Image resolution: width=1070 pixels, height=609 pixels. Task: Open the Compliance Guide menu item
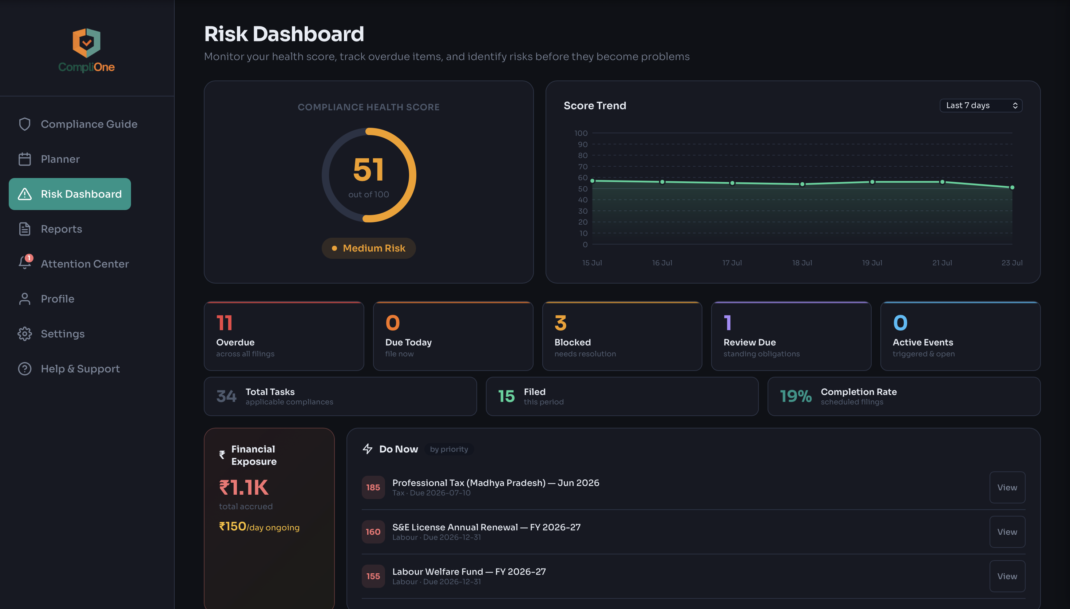tap(89, 124)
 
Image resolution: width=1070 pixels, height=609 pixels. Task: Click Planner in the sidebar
tap(60, 159)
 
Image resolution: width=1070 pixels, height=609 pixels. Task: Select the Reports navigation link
tap(61, 229)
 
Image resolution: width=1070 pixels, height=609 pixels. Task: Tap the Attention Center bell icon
tap(25, 263)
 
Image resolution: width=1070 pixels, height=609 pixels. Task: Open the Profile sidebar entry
tap(57, 298)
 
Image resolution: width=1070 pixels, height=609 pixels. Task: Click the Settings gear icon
tap(25, 334)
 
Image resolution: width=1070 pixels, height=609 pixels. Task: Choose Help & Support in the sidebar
tap(80, 368)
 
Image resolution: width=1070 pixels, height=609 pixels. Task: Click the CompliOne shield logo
tap(87, 43)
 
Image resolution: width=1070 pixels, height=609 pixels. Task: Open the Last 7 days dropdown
tap(981, 106)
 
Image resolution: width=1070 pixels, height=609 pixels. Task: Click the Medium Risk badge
tap(368, 248)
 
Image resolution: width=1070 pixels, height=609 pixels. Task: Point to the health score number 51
tap(368, 169)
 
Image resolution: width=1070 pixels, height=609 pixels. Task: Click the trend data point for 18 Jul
tap(802, 184)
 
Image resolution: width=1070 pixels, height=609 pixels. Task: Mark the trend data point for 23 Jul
tap(1012, 187)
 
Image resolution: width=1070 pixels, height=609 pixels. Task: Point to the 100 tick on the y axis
tap(581, 133)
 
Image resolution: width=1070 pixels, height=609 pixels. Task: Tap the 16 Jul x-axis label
tap(662, 263)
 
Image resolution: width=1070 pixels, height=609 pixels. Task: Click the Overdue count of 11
tap(225, 323)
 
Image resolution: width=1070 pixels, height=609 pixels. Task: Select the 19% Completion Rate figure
tap(796, 396)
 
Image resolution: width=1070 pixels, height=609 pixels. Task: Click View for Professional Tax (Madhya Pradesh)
tap(1007, 487)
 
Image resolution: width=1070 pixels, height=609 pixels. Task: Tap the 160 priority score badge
tap(373, 531)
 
